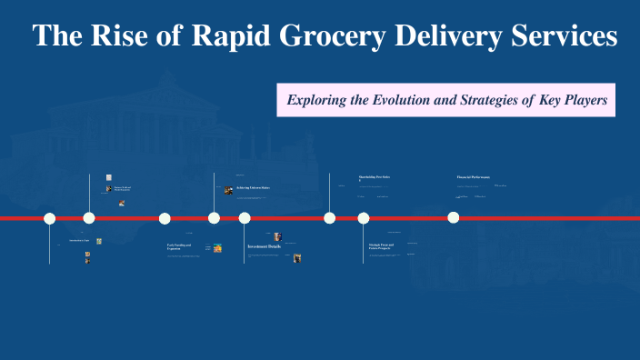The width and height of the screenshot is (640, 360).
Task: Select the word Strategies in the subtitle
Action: tap(502, 100)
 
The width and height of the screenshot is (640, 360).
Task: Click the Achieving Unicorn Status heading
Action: tap(254, 188)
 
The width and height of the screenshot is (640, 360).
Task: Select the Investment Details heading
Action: tap(264, 246)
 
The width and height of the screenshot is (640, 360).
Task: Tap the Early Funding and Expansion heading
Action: tap(179, 246)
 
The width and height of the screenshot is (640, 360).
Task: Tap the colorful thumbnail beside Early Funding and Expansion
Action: tap(218, 247)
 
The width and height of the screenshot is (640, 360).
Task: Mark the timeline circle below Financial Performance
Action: tap(454, 217)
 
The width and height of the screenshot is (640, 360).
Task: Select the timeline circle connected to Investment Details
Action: tap(245, 217)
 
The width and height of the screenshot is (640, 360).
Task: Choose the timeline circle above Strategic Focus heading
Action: tap(364, 217)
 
